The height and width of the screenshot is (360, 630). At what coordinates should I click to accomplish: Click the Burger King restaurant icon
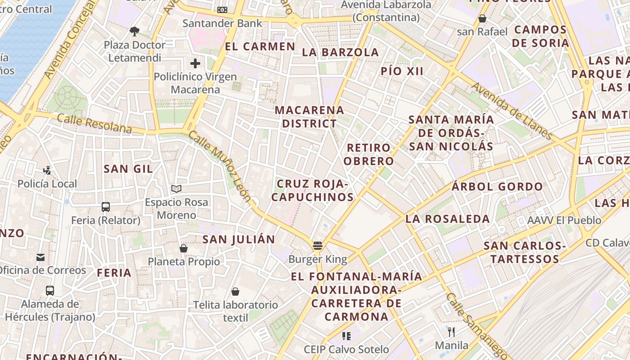318,246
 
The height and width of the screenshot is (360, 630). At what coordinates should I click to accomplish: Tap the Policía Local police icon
47,170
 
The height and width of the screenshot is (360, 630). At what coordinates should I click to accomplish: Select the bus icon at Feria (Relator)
106,207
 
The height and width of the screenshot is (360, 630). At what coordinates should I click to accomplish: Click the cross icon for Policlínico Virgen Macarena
195,63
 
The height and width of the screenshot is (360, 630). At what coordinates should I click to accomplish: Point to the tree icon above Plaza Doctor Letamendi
134,31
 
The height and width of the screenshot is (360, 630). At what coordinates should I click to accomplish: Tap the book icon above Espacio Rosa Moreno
176,189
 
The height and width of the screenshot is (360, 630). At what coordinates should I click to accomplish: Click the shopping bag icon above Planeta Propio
184,248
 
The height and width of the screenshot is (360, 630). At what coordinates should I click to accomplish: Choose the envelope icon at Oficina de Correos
40,257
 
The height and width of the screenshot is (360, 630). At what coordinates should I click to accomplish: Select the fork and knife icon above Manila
451,332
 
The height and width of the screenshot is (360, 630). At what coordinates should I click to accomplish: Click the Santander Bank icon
222,10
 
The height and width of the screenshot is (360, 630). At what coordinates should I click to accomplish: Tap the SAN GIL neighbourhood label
128,169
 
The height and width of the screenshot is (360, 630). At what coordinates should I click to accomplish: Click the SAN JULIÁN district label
238,239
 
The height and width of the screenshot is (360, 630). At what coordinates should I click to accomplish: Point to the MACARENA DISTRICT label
309,117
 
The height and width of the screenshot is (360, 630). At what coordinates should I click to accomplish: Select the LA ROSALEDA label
447,219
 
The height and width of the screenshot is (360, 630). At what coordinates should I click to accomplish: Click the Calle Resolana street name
94,124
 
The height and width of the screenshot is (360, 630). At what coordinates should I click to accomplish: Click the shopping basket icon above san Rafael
482,18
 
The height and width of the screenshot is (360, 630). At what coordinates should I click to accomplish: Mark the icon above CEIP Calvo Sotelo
346,336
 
